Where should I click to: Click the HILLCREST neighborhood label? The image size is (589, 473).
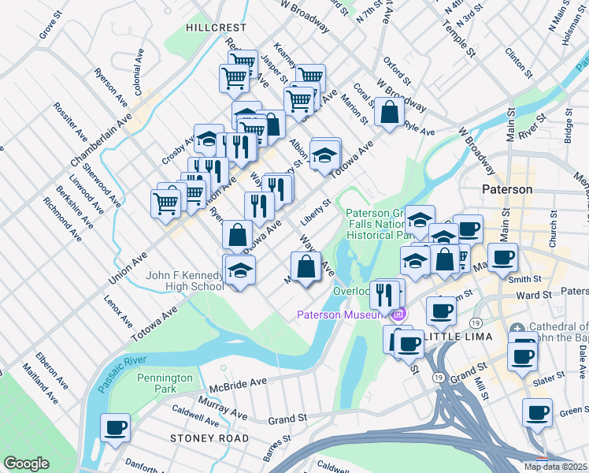(x=217, y=27)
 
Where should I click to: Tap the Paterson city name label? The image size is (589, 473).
(x=507, y=190)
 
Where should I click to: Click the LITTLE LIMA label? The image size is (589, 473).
(x=458, y=336)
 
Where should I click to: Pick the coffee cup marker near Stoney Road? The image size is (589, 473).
(x=116, y=428)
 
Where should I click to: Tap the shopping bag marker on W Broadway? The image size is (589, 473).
(x=390, y=113)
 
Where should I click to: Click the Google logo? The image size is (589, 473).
(x=26, y=464)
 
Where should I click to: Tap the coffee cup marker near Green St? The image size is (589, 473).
(x=539, y=413)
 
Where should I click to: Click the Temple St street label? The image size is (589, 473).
(x=459, y=39)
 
